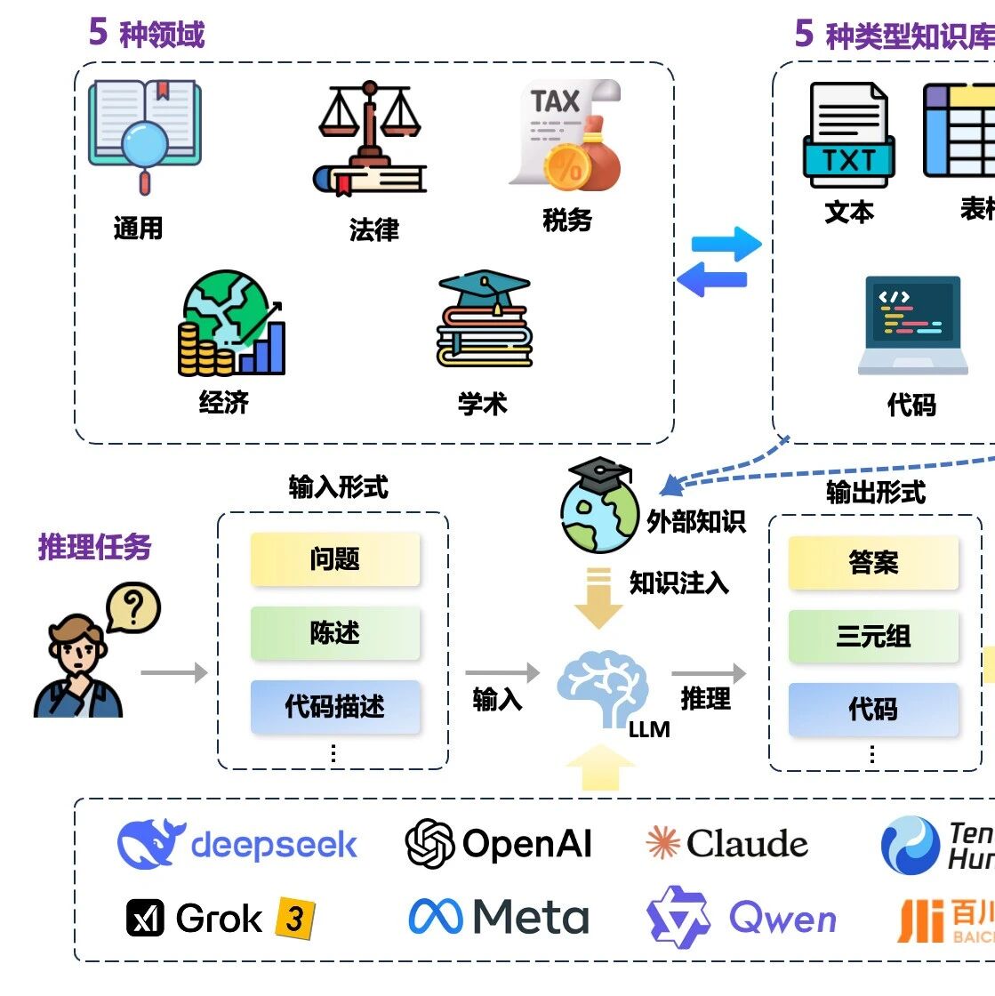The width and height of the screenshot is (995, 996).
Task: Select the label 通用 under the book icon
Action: click(138, 229)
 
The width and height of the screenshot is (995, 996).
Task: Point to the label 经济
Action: click(223, 403)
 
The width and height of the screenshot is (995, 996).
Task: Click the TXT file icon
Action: click(848, 135)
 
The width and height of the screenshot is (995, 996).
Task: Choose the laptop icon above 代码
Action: click(912, 325)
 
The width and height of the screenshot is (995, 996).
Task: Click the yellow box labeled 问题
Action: click(334, 559)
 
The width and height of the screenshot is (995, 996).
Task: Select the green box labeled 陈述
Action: click(334, 633)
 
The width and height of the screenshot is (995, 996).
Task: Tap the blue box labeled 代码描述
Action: click(334, 707)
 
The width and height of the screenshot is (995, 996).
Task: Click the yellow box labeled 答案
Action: click(873, 562)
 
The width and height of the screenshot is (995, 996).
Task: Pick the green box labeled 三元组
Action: click(873, 636)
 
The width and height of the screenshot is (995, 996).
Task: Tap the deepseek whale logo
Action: click(151, 843)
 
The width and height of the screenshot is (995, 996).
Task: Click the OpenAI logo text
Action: click(526, 844)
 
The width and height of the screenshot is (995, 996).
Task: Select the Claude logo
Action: click(727, 844)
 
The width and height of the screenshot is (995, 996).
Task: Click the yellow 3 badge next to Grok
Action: click(294, 919)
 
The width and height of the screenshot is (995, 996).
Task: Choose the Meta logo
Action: click(499, 917)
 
